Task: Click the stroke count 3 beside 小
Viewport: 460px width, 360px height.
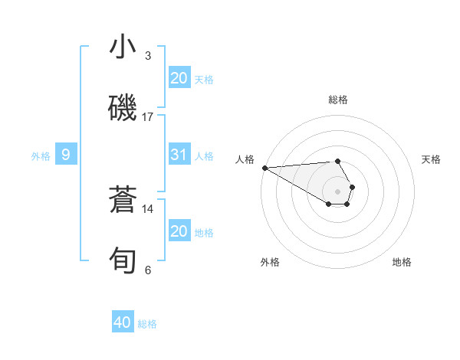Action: coord(148,55)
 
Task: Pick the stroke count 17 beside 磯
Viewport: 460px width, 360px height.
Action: coord(148,116)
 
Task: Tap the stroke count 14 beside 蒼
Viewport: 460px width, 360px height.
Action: coord(148,208)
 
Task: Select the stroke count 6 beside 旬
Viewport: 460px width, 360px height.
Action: coord(148,270)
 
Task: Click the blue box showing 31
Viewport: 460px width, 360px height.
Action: coord(179,155)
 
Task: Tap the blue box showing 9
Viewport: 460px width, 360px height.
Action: coord(66,155)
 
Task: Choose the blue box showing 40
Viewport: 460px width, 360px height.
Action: coord(123,323)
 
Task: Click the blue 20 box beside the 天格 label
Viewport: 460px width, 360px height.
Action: coord(179,78)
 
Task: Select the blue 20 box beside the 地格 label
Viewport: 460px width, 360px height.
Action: coord(179,231)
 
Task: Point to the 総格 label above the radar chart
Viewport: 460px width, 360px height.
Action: coord(338,100)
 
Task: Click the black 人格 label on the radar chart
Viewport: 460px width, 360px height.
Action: coord(245,159)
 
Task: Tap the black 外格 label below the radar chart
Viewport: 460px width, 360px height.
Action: coord(270,262)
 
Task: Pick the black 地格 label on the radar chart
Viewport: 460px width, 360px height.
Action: coord(402,262)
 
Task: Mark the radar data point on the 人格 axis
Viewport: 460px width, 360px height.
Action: coord(264,168)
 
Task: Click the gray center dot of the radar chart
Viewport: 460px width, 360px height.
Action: coord(338,191)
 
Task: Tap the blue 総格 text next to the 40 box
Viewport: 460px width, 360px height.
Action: coord(147,324)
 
